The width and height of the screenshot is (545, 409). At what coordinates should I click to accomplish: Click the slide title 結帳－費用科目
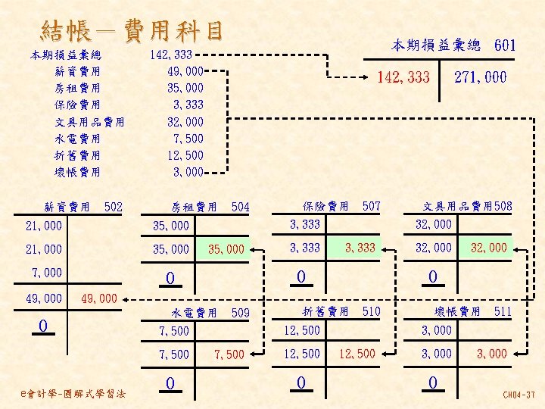point(133,31)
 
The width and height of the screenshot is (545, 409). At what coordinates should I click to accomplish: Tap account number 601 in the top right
point(505,45)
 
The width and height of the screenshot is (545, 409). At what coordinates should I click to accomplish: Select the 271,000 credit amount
point(480,77)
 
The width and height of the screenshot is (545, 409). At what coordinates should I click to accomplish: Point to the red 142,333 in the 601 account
point(403,77)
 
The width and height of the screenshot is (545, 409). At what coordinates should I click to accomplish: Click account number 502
point(113,206)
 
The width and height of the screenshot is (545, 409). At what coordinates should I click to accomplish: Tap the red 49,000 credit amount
point(98,298)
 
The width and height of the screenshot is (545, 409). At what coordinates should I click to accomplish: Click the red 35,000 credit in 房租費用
point(226,249)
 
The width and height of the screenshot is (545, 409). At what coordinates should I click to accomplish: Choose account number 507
point(372,205)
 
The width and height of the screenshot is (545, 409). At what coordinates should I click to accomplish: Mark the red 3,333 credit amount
point(360,248)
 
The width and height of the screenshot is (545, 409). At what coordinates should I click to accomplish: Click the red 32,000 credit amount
point(489,248)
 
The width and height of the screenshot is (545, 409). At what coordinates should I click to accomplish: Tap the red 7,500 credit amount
point(229,354)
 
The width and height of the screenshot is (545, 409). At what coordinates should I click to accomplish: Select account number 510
point(372,311)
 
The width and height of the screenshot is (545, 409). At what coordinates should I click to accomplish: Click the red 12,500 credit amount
point(357,354)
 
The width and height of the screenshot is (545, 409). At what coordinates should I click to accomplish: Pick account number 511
point(503,311)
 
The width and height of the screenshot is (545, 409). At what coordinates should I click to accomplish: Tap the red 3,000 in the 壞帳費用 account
point(491,354)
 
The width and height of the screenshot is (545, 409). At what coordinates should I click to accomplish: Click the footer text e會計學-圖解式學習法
point(75,392)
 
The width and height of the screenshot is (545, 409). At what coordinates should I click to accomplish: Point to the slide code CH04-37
point(519,395)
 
